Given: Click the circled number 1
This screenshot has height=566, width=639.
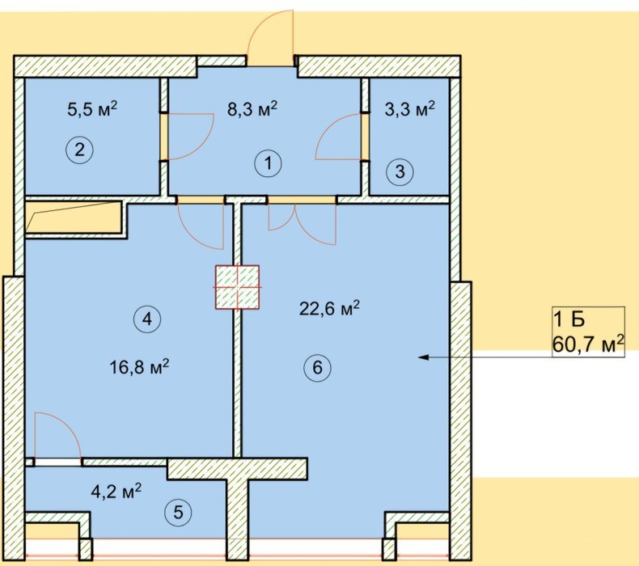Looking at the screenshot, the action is [269, 163].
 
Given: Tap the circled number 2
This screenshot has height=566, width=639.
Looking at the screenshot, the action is [79, 150].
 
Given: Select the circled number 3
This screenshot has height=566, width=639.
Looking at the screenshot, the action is [400, 171].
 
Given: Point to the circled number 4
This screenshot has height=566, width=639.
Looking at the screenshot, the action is [147, 319].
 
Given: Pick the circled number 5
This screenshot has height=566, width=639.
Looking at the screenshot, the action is [178, 512].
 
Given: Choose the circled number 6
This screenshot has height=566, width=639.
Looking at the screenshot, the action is [317, 368].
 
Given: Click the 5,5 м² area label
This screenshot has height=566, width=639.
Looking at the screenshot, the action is [92, 109].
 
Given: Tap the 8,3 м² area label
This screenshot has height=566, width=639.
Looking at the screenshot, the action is [252, 109].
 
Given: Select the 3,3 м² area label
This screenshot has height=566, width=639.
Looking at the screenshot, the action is [409, 109].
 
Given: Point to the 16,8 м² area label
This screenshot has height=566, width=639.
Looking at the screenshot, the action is [139, 367].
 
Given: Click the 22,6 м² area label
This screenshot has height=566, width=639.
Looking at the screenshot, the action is [329, 308].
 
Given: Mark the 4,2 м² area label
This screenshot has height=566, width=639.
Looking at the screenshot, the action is [116, 492].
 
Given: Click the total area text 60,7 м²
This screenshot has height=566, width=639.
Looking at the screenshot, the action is [588, 344].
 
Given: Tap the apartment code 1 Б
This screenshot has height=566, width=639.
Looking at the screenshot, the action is [569, 319].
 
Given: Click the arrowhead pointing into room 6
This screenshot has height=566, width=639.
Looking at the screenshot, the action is [424, 357].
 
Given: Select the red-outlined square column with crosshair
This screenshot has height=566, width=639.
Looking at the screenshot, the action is [237, 287].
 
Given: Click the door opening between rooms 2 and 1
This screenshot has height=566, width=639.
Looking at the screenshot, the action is [163, 136].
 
